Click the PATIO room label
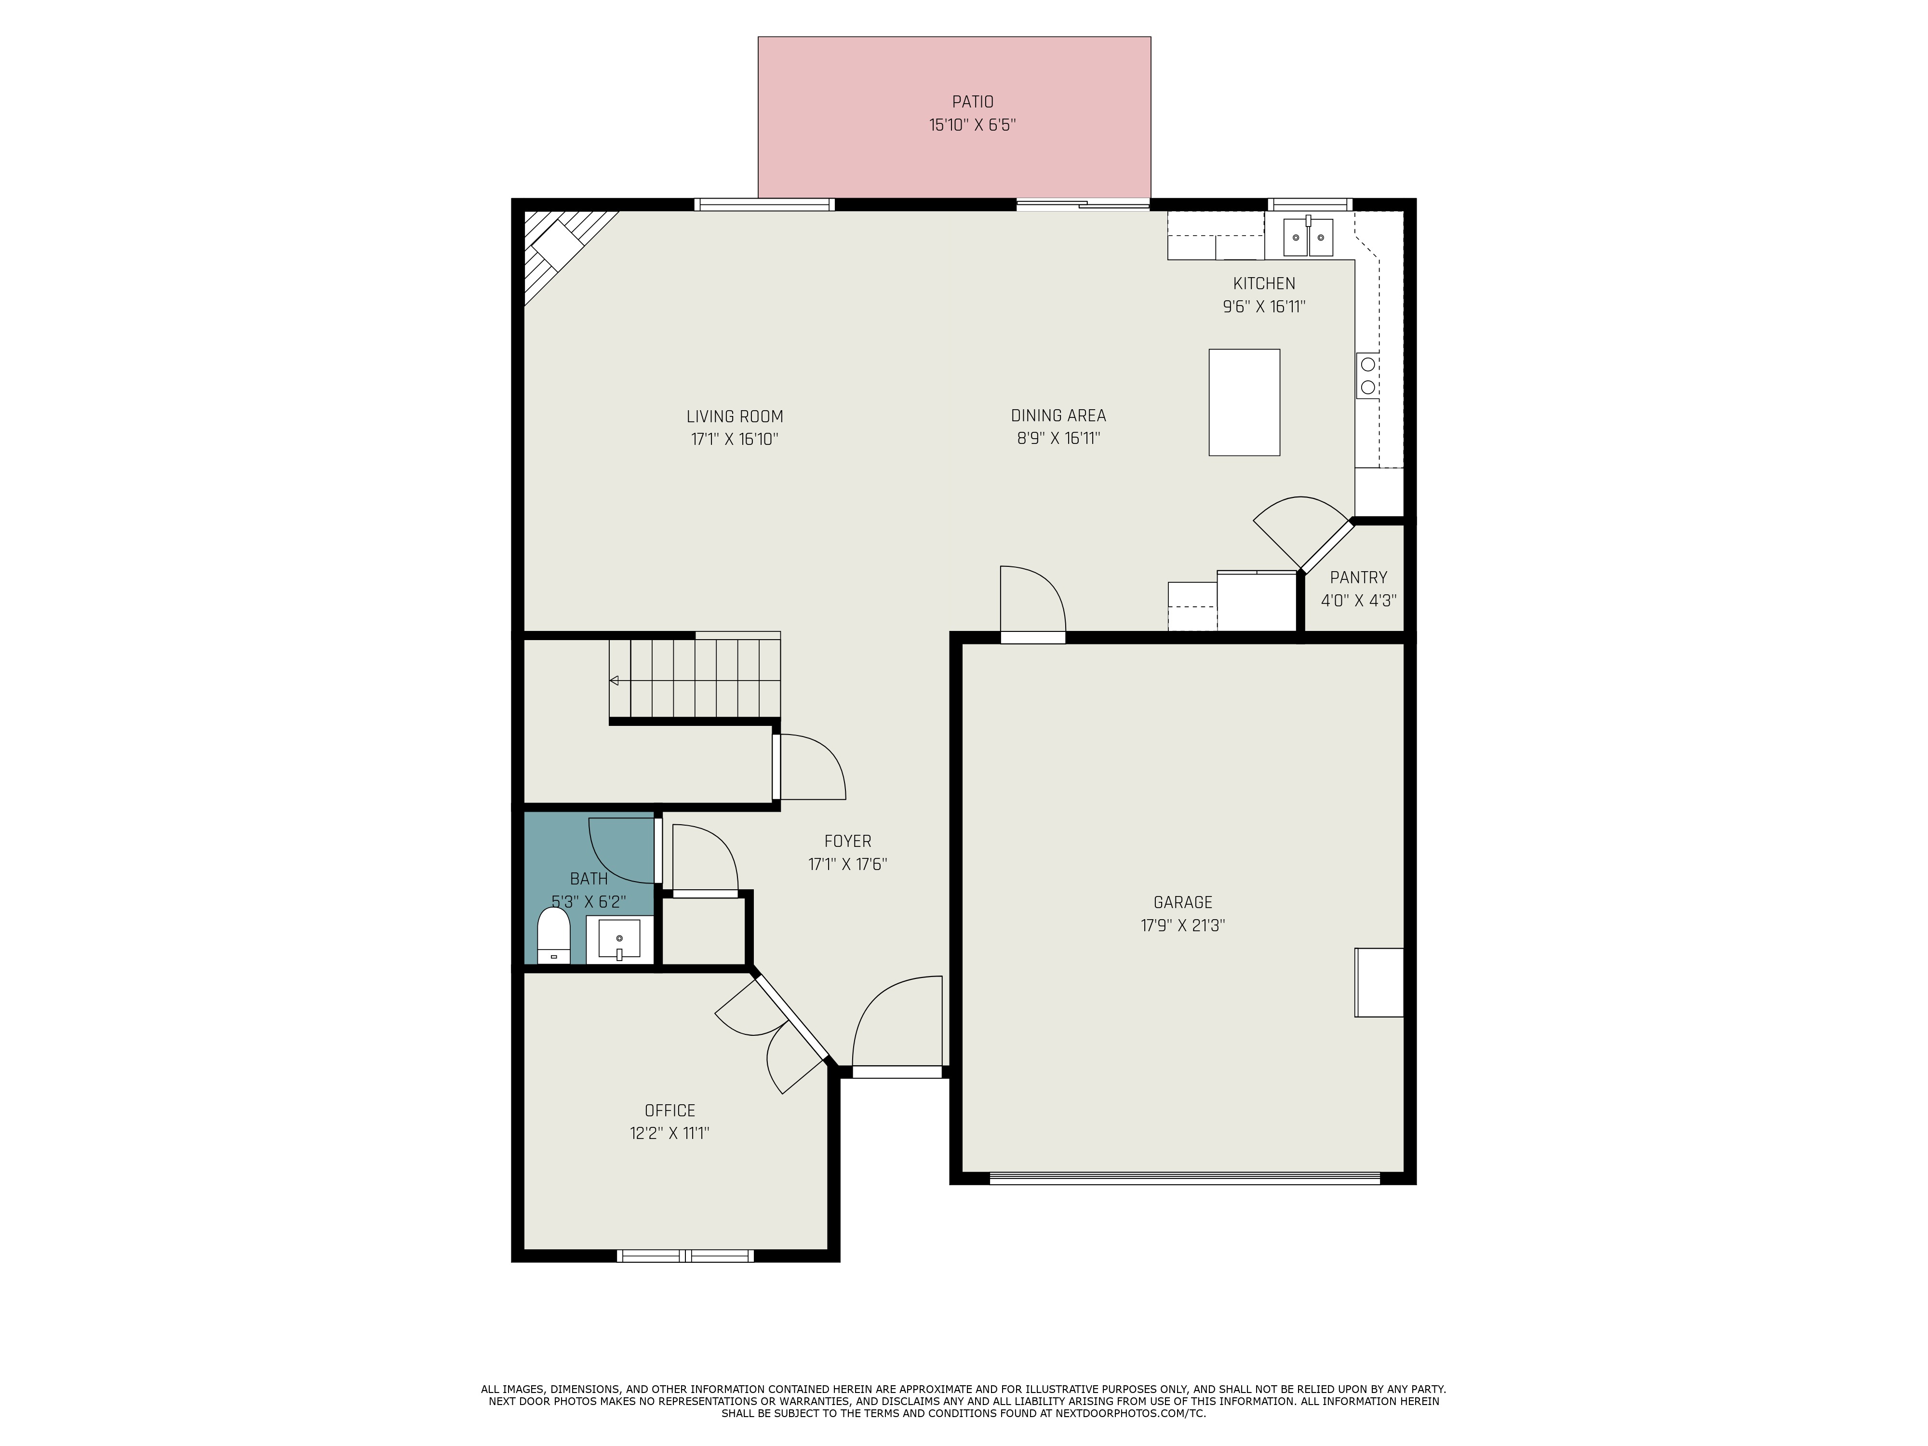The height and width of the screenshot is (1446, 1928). [972, 102]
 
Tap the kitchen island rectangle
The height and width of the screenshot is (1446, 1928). [1244, 402]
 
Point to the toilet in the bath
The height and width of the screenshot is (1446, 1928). [553, 935]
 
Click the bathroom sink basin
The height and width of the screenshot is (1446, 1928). [619, 939]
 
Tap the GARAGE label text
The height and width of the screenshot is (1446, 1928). [1183, 902]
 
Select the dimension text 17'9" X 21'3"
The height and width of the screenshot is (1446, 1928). [1183, 925]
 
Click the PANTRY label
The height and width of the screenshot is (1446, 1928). [1358, 577]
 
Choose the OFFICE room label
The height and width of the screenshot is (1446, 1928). [669, 1111]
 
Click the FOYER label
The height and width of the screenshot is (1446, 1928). [847, 841]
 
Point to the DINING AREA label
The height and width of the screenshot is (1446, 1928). [1058, 416]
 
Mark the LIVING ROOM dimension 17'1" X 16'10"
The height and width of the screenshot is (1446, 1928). [735, 439]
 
